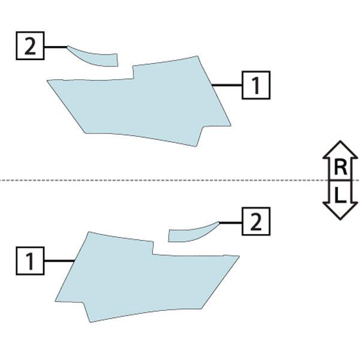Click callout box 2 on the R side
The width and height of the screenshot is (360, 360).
[30, 46]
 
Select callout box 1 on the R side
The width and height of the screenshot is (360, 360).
[256, 85]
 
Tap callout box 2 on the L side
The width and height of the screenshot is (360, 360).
[256, 221]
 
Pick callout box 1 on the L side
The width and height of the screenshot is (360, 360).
[30, 261]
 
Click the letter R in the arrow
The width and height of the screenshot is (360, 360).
[340, 167]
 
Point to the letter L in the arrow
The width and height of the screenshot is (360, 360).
[340, 195]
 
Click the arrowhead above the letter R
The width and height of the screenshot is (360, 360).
[340, 149]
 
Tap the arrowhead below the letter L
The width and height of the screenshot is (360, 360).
[340, 211]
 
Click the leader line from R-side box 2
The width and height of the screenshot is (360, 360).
[56, 47]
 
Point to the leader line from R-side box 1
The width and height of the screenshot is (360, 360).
[227, 85]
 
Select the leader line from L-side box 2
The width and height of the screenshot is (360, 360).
[230, 223]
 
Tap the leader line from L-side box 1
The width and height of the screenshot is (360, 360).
[59, 261]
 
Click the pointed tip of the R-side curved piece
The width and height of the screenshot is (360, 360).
[67, 46]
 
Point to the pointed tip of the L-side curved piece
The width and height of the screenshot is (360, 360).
[219, 222]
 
